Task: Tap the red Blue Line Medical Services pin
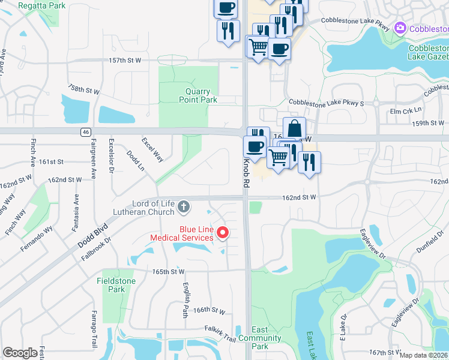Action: tap(223, 232)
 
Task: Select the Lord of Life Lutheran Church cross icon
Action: tap(184, 208)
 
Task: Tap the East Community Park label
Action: tap(260, 338)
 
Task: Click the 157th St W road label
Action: tap(125, 61)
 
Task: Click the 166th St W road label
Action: tap(209, 310)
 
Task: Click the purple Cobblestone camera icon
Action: tap(400, 28)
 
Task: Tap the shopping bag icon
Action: tap(295, 128)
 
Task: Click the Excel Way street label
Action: tap(152, 149)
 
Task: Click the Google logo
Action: tap(20, 353)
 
